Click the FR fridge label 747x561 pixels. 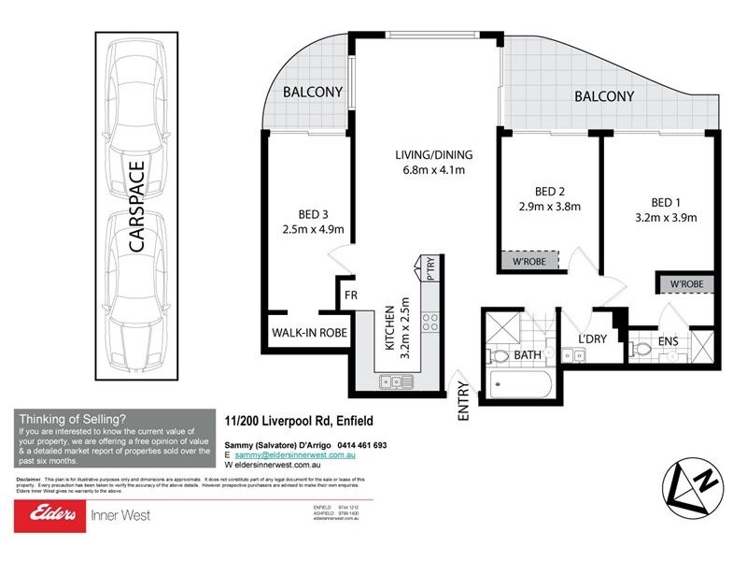[x=350, y=295]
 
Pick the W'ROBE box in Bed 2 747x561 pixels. [x=529, y=262]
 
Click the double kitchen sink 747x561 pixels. [x=394, y=381]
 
